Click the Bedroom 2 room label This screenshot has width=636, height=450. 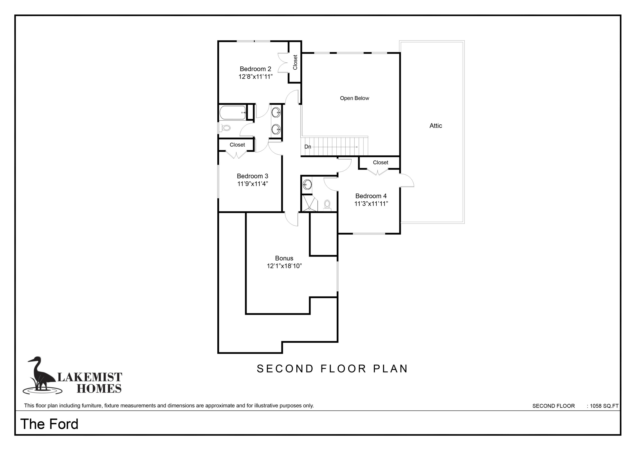click(255, 69)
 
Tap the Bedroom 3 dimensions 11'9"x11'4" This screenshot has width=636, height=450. click(253, 183)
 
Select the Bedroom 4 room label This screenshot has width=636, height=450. click(371, 196)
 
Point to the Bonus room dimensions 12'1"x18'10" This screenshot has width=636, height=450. click(284, 266)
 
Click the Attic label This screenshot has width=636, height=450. click(436, 126)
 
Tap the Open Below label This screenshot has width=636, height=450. click(355, 98)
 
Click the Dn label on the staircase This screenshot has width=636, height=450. click(308, 147)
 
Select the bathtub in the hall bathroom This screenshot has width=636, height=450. click(233, 113)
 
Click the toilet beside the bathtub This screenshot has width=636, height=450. click(225, 128)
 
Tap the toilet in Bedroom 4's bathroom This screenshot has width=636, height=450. click(327, 205)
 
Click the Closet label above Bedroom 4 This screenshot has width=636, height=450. click(381, 163)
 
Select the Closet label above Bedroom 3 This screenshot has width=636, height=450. click(238, 145)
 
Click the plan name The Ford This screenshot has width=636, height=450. click(49, 424)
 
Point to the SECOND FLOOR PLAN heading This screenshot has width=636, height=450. click(332, 369)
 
